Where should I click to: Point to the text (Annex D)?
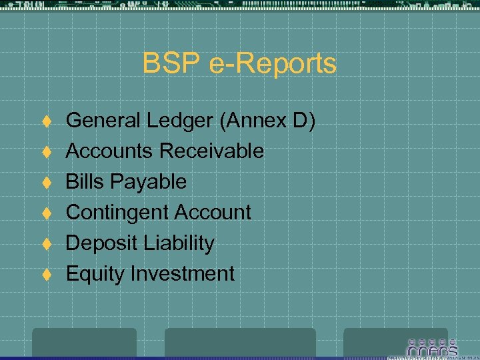click(x=269, y=121)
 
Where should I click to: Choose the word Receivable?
click(x=211, y=151)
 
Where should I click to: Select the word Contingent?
click(x=116, y=213)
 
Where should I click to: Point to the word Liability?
click(x=179, y=243)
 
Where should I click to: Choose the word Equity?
click(x=96, y=274)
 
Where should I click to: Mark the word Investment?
click(x=183, y=274)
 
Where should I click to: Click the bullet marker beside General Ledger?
click(x=47, y=121)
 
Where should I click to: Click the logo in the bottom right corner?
click(x=432, y=347)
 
